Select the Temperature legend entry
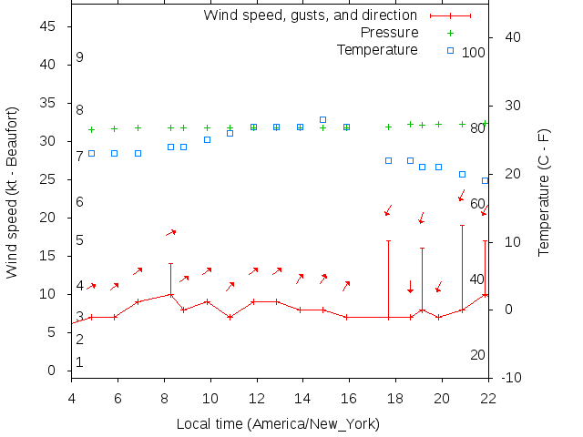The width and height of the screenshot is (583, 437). coord(377,50)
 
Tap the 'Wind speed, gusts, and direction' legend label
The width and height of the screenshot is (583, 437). coord(310,15)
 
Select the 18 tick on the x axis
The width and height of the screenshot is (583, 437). coord(395,397)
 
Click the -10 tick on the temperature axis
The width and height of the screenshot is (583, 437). coord(512,378)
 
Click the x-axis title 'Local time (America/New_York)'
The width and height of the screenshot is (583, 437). coord(278,424)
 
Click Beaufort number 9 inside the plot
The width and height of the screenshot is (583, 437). coord(80,57)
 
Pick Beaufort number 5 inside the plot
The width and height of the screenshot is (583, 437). coord(80,240)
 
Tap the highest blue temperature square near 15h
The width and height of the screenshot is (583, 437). coord(322,119)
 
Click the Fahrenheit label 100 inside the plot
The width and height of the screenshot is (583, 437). coord(474,53)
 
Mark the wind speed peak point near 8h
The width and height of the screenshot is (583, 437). coord(170,294)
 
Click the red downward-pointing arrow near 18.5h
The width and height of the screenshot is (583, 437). coord(410,287)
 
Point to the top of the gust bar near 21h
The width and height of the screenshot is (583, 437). coord(462,225)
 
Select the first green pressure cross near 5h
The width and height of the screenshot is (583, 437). coord(91,129)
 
